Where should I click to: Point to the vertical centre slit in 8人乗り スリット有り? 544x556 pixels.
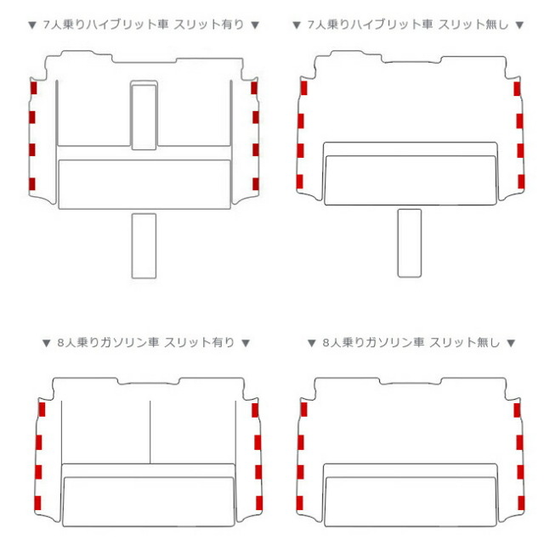pyautogui.click(x=150, y=432)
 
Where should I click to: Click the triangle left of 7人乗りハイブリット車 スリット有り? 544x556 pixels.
pyautogui.click(x=32, y=25)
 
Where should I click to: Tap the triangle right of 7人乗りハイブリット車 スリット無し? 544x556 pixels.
pyautogui.click(x=519, y=25)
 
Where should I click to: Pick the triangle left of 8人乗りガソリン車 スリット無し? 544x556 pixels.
pyautogui.click(x=311, y=343)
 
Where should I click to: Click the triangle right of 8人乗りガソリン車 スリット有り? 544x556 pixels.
pyautogui.click(x=246, y=343)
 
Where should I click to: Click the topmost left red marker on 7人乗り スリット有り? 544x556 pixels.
pyautogui.click(x=34, y=87)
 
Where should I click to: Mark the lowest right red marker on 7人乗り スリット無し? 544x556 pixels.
pyautogui.click(x=521, y=182)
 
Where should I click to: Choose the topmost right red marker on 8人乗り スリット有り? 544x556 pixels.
pyautogui.click(x=255, y=410)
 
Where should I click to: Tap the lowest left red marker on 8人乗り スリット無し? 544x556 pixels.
pyautogui.click(x=300, y=503)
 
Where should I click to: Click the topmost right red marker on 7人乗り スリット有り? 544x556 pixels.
pyautogui.click(x=254, y=87)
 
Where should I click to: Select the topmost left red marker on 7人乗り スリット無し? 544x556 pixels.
pyautogui.click(x=304, y=88)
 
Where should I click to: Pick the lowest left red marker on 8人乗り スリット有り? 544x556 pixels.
pyautogui.click(x=37, y=503)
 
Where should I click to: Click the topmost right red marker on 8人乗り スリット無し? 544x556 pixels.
pyautogui.click(x=517, y=410)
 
